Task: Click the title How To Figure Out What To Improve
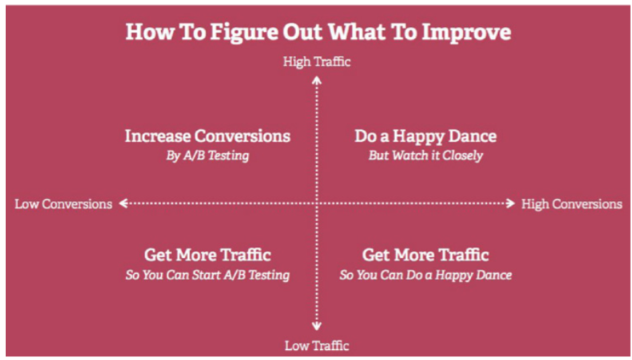click(318, 32)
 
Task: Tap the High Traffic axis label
click(317, 62)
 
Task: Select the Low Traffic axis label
click(317, 346)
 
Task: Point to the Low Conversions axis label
click(64, 204)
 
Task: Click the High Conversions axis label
click(572, 204)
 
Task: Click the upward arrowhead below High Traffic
click(317, 80)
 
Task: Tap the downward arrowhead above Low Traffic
click(317, 326)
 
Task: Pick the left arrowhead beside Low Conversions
click(123, 203)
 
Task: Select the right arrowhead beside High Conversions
click(510, 203)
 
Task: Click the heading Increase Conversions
click(208, 136)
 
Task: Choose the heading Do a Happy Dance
click(426, 136)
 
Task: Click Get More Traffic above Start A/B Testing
click(208, 255)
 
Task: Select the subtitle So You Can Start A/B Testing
click(208, 275)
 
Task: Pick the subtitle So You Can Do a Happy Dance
click(426, 275)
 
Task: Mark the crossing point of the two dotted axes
click(317, 203)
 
